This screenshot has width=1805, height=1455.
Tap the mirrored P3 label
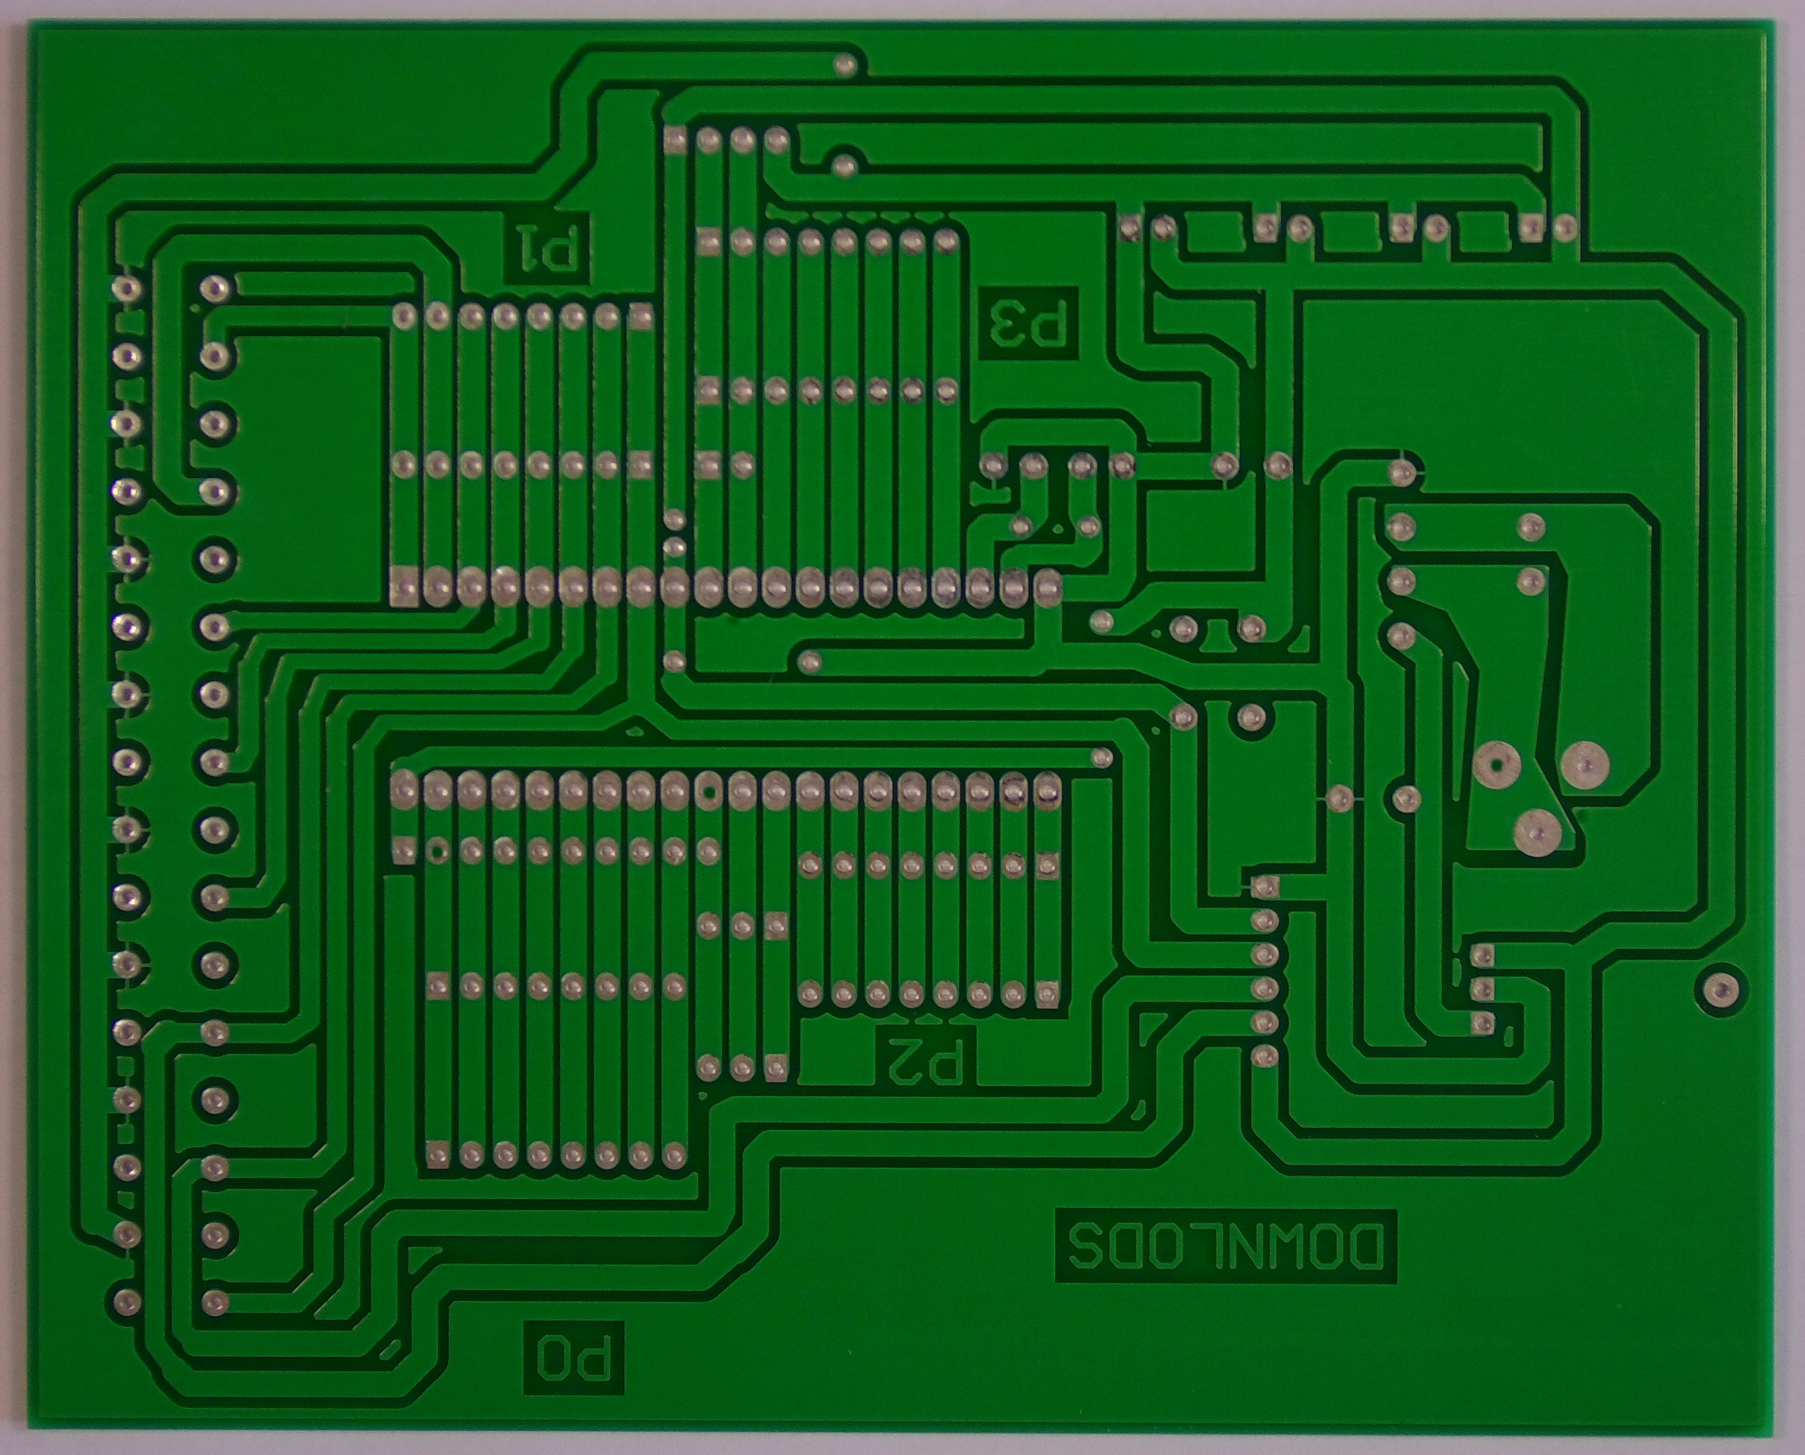pos(1029,324)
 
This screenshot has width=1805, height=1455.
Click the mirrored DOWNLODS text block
pos(1225,1258)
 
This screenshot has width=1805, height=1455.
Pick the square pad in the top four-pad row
pos(676,139)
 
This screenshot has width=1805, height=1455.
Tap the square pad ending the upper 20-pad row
pos(405,586)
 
